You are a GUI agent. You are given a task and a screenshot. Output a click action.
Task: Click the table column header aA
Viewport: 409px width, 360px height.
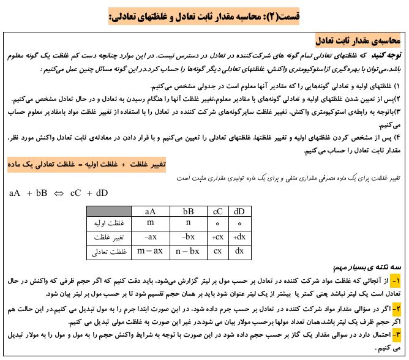(x=149, y=211)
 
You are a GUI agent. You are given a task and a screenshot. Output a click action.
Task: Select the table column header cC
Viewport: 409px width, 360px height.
(x=217, y=211)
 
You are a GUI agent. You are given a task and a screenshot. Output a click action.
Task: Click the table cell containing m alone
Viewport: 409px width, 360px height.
(x=149, y=223)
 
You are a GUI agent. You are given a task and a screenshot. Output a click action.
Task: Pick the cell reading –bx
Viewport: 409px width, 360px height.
(x=188, y=237)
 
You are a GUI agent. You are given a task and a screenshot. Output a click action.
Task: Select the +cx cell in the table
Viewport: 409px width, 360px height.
(x=217, y=237)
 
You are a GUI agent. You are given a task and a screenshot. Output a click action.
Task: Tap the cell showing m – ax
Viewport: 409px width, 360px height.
(x=149, y=251)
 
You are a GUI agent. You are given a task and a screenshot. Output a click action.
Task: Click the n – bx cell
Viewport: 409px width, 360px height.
(x=188, y=251)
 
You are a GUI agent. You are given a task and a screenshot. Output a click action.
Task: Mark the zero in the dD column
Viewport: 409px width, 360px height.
(x=239, y=223)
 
